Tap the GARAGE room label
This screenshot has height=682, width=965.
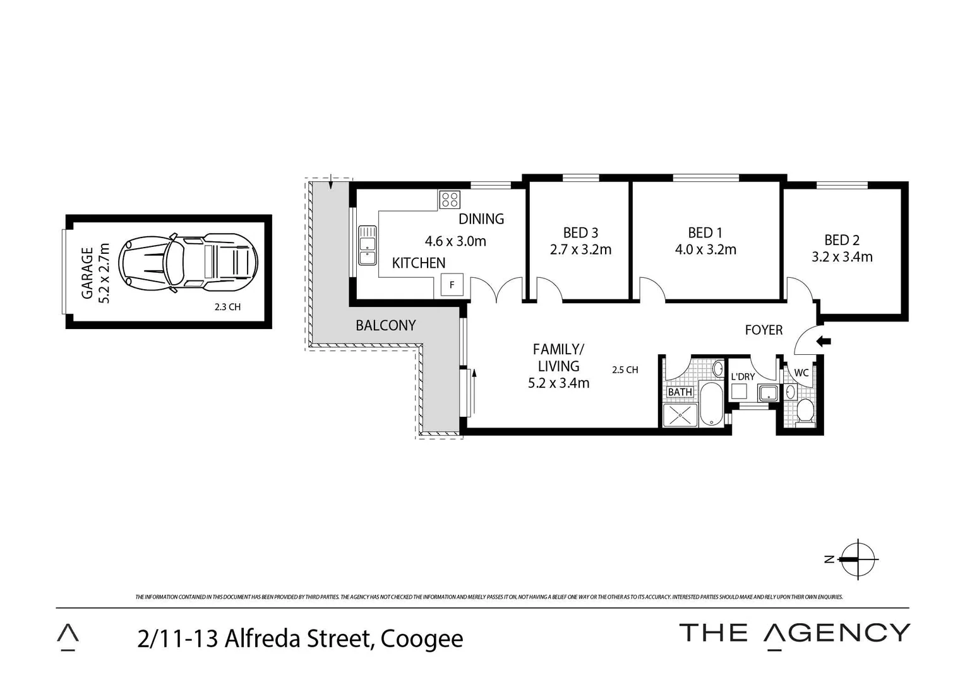87,272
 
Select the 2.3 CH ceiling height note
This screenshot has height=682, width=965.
227,308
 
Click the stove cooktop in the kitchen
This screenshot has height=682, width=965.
450,200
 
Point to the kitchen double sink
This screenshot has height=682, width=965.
367,246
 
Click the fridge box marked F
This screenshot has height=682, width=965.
452,285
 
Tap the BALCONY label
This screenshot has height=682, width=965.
385,326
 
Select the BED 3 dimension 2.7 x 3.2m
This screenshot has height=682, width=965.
580,250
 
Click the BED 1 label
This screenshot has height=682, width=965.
705,233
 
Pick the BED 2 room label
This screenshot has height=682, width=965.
841,240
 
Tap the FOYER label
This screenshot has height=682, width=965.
764,330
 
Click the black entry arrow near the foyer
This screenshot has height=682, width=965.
824,342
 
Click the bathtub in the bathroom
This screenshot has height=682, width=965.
711,404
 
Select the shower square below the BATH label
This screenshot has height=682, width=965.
680,415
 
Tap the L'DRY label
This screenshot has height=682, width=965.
743,377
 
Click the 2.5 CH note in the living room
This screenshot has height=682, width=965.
625,370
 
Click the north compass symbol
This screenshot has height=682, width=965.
858,559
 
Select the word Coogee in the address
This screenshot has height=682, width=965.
422,639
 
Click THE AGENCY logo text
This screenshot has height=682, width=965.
794,633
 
